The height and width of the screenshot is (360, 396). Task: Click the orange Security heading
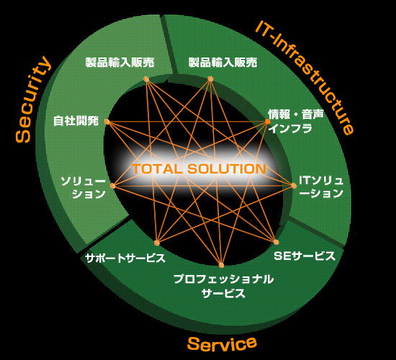pyautogui.click(x=33, y=99)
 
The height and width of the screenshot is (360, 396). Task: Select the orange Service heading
pyautogui.click(x=222, y=344)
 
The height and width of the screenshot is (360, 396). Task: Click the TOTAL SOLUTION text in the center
pyautogui.click(x=199, y=168)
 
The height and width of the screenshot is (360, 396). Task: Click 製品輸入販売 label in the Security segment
pyautogui.click(x=120, y=62)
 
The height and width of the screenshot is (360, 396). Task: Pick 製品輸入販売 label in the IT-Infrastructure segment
pyautogui.click(x=223, y=62)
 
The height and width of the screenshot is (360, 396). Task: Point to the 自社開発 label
pyautogui.click(x=76, y=121)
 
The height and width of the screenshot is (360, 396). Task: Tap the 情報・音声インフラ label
pyautogui.click(x=296, y=121)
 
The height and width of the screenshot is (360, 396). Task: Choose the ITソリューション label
pyautogui.click(x=321, y=187)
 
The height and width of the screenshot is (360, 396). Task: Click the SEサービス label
pyautogui.click(x=305, y=256)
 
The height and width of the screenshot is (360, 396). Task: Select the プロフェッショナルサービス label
pyautogui.click(x=224, y=287)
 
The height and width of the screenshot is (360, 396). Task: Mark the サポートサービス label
pyautogui.click(x=125, y=258)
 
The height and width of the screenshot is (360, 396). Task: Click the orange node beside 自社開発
pyautogui.click(x=107, y=122)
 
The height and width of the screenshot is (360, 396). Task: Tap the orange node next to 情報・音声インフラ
pyautogui.click(x=267, y=122)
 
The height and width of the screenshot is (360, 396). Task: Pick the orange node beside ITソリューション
pyautogui.click(x=294, y=186)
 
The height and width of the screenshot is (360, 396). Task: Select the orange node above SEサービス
pyautogui.click(x=276, y=242)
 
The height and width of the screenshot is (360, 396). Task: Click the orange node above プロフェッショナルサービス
pyautogui.click(x=221, y=265)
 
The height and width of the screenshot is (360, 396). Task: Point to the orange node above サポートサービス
pyautogui.click(x=157, y=243)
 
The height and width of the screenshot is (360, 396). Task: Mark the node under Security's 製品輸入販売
pyautogui.click(x=146, y=79)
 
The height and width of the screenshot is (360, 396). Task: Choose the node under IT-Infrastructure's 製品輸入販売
pyautogui.click(x=210, y=79)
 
